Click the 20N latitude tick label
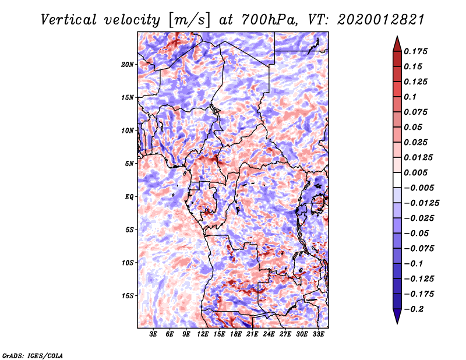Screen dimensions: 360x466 click(x=128, y=64)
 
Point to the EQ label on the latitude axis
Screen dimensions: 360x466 click(x=129, y=196)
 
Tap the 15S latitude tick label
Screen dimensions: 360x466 click(x=128, y=295)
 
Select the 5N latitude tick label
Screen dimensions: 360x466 click(x=129, y=163)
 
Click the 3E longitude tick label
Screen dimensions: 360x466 click(x=153, y=334)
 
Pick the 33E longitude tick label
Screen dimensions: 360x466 click(x=318, y=334)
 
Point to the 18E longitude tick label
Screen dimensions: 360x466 click(x=236, y=334)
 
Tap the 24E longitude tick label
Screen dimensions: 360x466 click(x=269, y=334)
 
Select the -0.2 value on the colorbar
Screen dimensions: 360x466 click(x=416, y=309)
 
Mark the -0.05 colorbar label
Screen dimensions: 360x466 click(x=419, y=233)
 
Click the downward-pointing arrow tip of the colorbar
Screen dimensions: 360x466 click(x=396, y=322)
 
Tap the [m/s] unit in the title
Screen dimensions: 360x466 click(x=187, y=19)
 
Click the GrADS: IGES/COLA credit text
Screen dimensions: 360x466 click(x=33, y=355)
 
